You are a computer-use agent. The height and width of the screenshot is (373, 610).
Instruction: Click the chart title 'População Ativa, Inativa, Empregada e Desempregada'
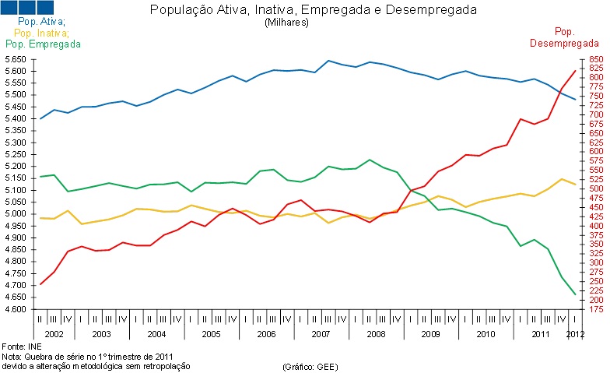click(x=313, y=10)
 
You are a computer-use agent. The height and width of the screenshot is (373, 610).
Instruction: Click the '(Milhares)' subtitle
click(x=287, y=23)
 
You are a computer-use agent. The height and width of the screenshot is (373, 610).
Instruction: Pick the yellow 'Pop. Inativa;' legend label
click(x=41, y=33)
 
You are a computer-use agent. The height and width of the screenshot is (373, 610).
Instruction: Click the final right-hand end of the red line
click(x=575, y=71)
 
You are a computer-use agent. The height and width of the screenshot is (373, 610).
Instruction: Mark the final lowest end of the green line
click(x=575, y=294)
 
